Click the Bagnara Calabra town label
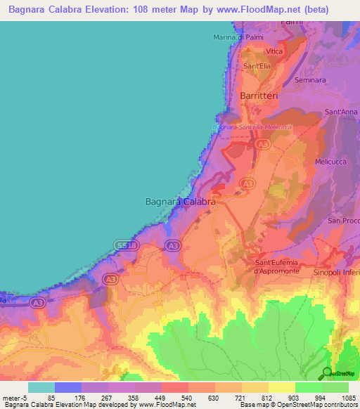(180, 201)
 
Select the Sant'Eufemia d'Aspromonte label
(276, 266)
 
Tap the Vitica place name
(274, 52)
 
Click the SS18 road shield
(126, 245)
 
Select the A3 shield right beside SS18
(172, 245)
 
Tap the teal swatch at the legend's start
(41, 387)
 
